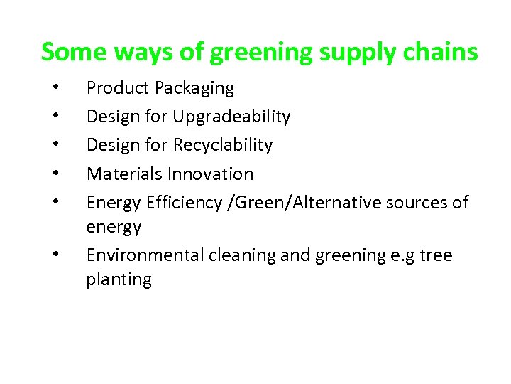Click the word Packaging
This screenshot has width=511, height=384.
[194, 89]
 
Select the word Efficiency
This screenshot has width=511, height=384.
[184, 203]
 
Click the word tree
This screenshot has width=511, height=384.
[435, 255]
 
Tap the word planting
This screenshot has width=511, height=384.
[119, 280]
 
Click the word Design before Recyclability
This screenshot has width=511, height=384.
[110, 146]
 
